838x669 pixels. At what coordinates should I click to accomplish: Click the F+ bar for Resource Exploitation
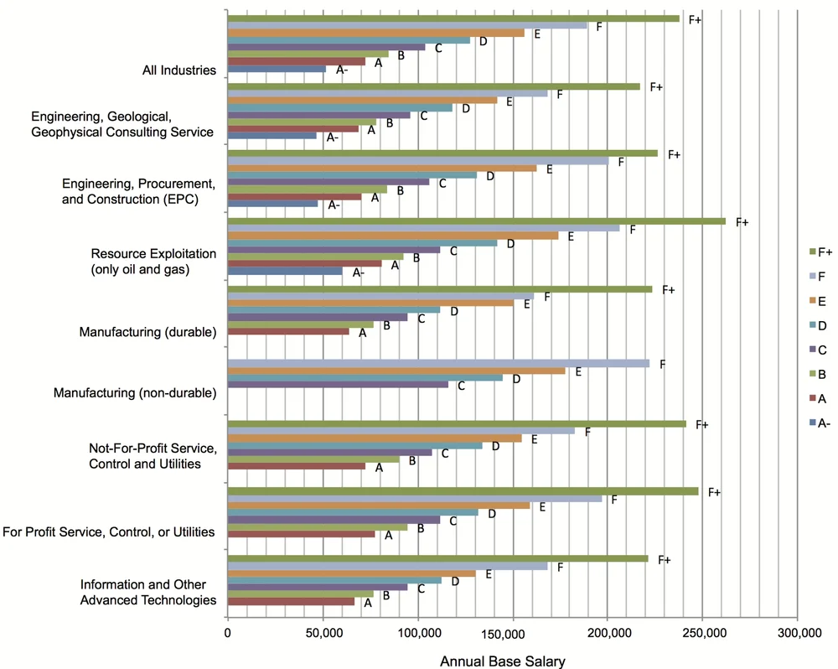click(x=476, y=221)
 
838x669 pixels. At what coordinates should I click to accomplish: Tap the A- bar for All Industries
click(x=277, y=69)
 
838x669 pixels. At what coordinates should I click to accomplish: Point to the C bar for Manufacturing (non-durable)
click(x=338, y=385)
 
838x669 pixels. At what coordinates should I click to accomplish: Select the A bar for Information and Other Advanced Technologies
click(x=291, y=601)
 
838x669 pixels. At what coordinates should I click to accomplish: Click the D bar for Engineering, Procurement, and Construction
click(x=352, y=175)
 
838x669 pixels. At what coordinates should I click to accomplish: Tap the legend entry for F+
click(x=825, y=251)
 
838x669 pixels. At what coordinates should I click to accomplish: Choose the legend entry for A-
click(x=825, y=423)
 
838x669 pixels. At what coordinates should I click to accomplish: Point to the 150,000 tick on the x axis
click(x=513, y=634)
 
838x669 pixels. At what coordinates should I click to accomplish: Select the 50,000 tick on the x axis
click(x=323, y=634)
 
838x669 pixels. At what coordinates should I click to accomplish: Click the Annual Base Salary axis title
click(x=503, y=661)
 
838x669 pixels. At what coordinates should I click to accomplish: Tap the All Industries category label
click(x=179, y=70)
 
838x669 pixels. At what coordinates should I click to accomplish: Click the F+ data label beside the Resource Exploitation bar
click(x=742, y=222)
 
